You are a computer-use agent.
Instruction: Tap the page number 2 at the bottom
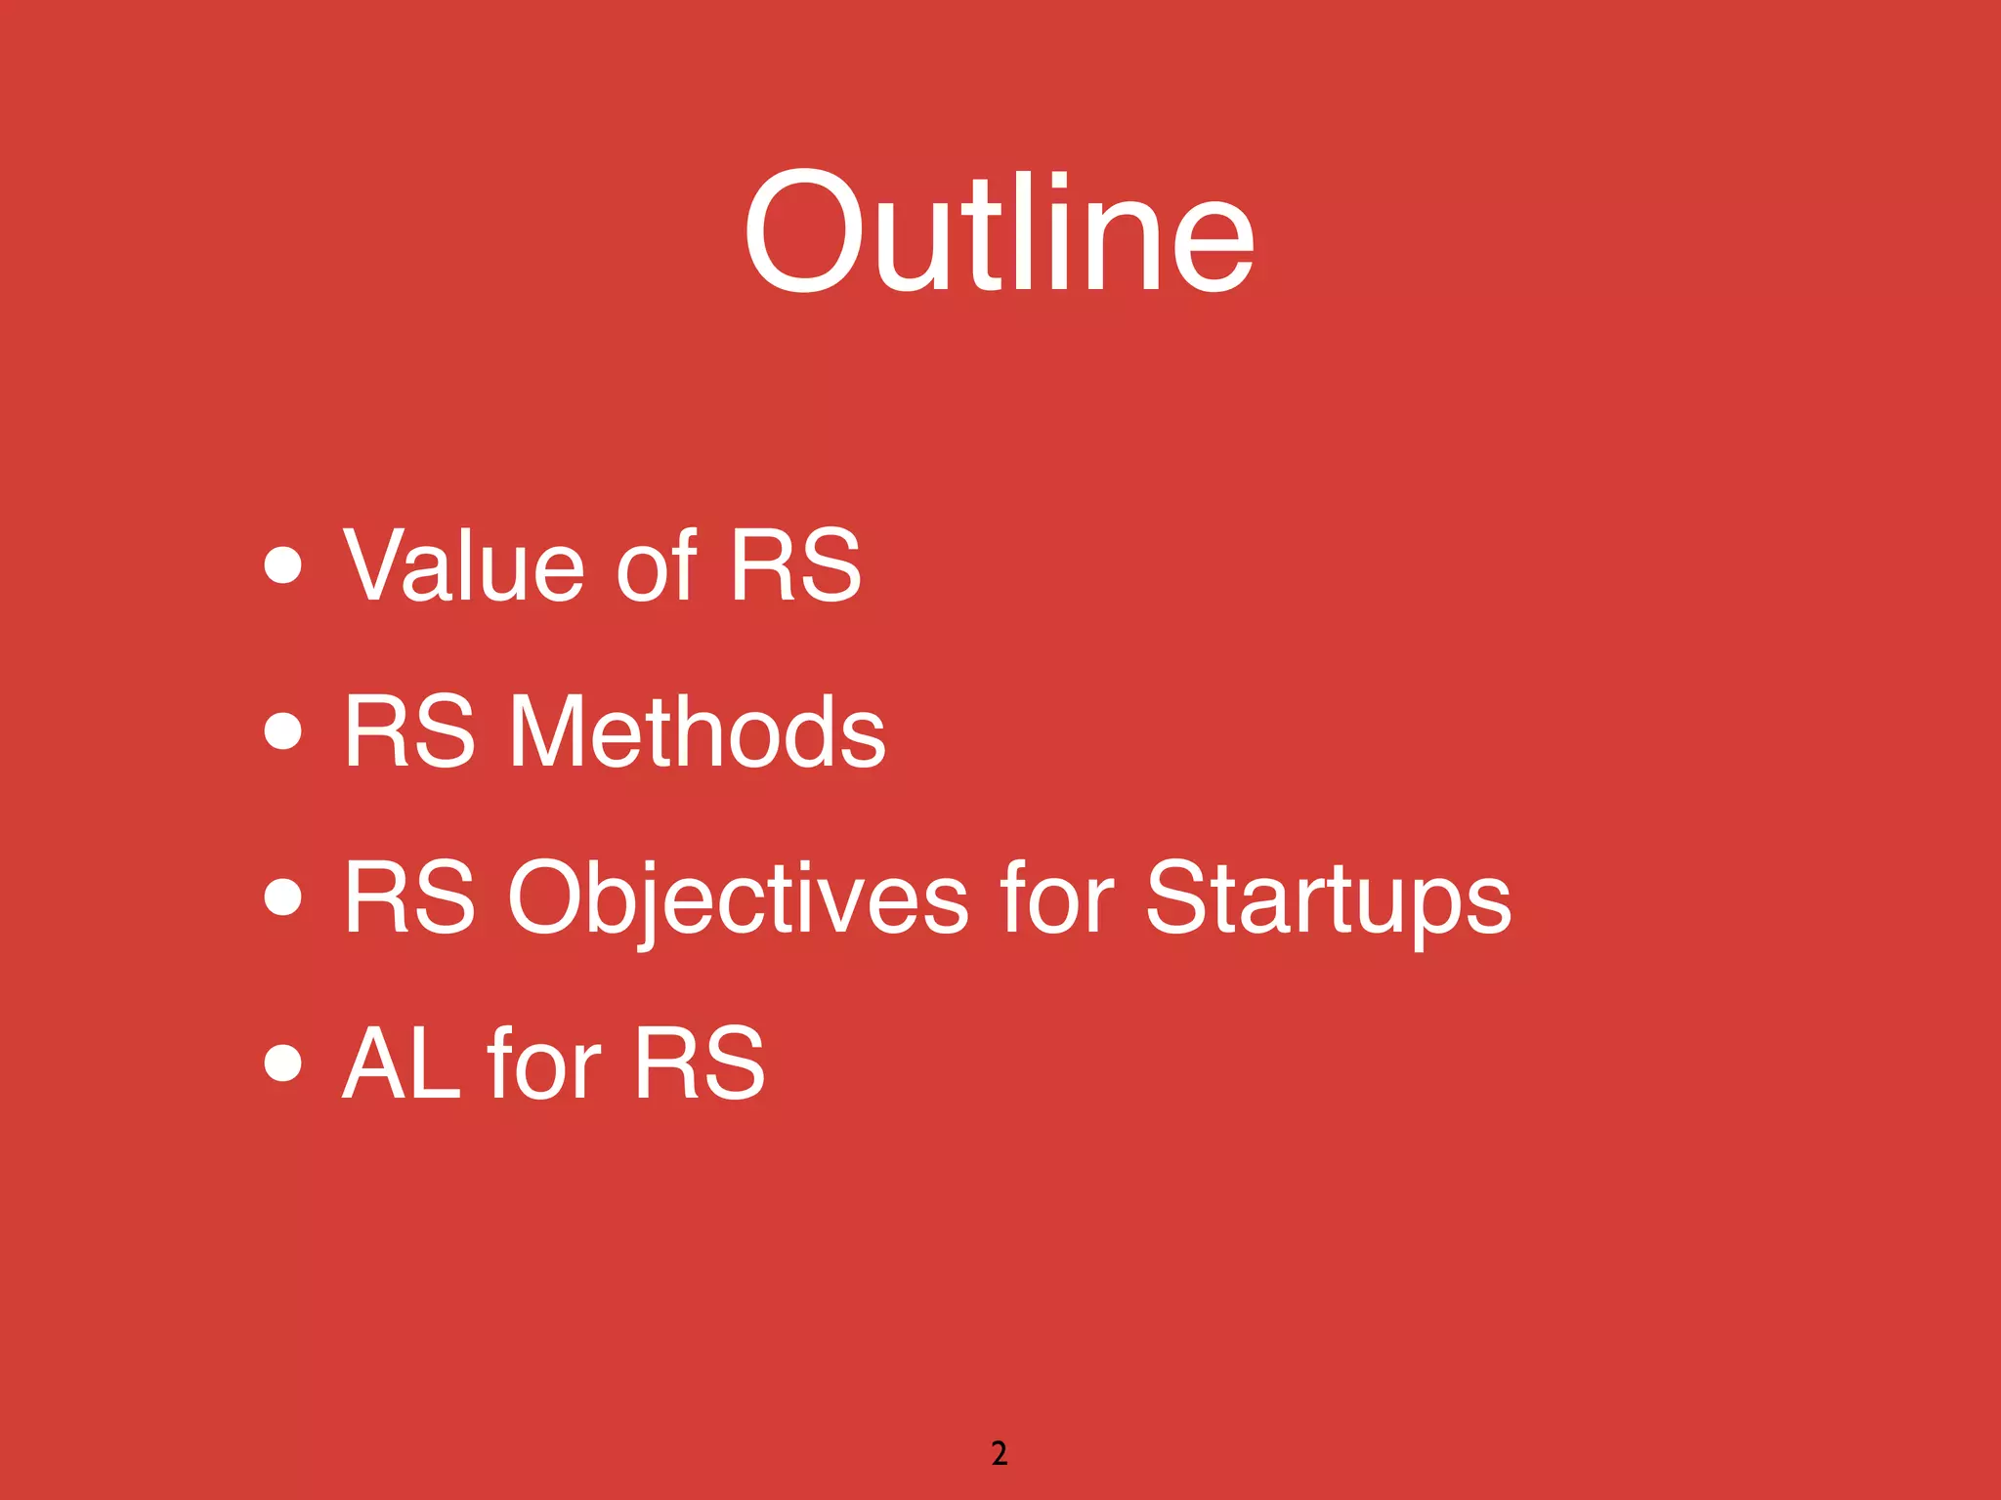999,1453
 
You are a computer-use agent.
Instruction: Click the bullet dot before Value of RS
282,564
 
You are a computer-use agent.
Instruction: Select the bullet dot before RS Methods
282,730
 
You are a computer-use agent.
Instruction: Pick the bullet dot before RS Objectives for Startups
282,896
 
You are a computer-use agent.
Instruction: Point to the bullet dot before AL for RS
282,1062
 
